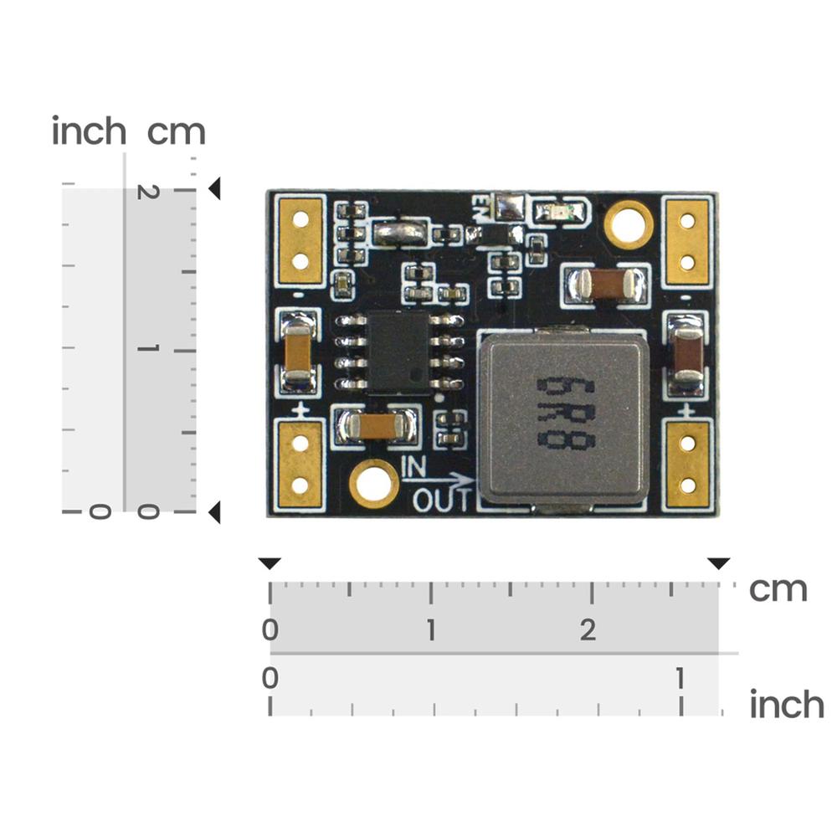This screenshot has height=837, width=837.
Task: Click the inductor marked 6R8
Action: [x=562, y=415]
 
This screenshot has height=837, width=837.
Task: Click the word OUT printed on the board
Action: [x=443, y=500]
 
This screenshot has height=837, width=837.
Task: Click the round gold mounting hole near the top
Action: [x=628, y=224]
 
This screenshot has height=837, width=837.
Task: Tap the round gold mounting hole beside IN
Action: [x=373, y=484]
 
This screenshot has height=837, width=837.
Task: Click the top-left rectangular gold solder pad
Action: [x=300, y=239]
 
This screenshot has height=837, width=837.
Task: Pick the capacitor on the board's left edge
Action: [x=298, y=352]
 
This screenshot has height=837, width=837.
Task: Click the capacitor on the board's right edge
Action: [x=687, y=352]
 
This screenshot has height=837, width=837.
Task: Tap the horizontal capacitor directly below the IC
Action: [x=375, y=428]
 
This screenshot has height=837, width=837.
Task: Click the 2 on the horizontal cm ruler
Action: [x=588, y=630]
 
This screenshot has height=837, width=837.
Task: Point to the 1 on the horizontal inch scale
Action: [x=681, y=678]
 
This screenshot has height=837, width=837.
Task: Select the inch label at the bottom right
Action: [x=786, y=705]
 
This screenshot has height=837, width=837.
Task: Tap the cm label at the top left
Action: [x=176, y=132]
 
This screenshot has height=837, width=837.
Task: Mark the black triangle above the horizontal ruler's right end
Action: [x=718, y=563]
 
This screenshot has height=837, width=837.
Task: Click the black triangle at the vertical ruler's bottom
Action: [x=214, y=512]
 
